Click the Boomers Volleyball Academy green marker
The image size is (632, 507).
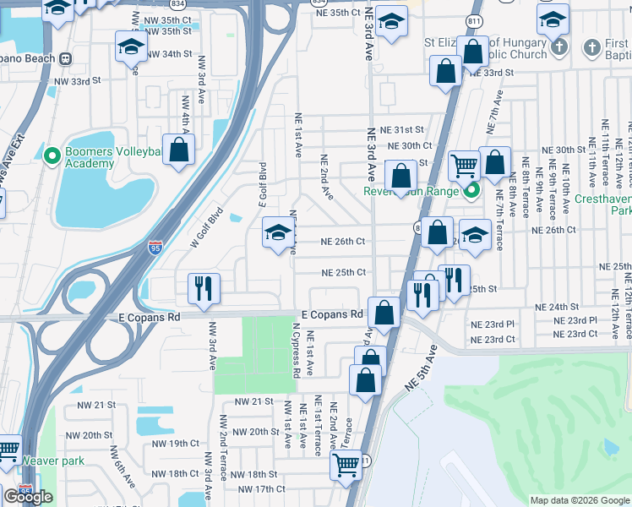52,155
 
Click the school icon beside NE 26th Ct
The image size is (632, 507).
277,234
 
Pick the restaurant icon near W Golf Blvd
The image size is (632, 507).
204,288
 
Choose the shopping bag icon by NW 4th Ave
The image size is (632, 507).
179,151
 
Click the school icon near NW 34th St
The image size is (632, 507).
132,47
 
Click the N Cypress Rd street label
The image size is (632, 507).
297,349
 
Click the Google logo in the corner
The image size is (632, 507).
28,497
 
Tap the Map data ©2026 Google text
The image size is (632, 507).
579,500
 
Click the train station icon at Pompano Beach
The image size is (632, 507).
64,59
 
